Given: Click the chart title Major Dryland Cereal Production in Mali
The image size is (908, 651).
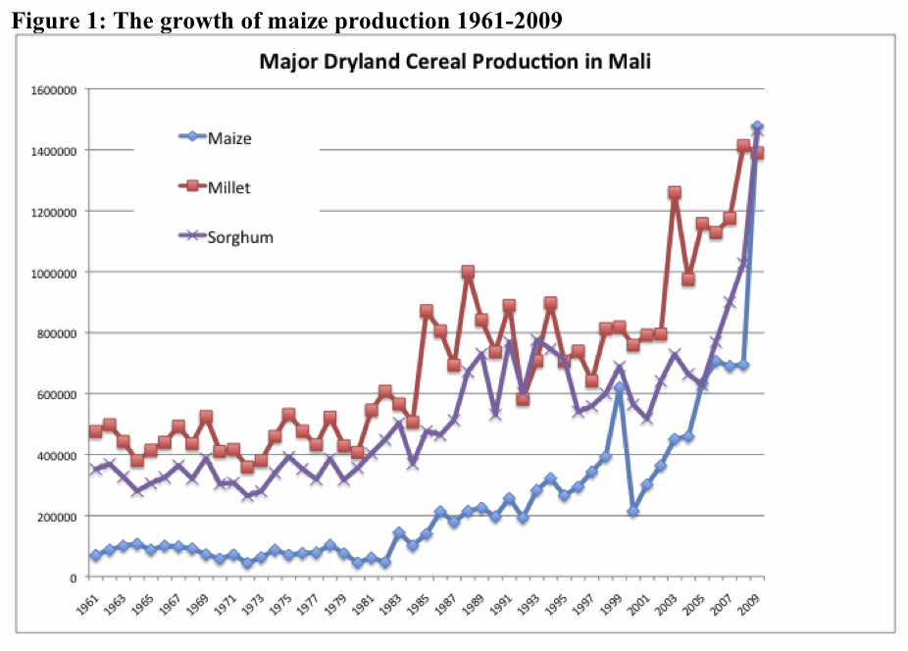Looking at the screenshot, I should click(455, 62).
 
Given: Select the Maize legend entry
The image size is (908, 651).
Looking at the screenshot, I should click(229, 138).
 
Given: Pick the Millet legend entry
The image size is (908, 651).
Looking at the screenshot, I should click(229, 187).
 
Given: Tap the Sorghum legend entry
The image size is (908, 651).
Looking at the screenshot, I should click(239, 236).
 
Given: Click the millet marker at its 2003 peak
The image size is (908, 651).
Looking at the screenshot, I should click(675, 193).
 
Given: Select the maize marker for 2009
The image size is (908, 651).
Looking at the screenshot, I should click(757, 127).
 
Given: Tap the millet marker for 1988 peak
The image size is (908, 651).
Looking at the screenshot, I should click(468, 272).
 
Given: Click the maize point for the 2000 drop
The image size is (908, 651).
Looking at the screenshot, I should click(633, 512).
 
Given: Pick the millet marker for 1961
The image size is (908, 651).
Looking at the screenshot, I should click(95, 431).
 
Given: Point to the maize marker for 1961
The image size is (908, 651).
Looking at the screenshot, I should click(95, 556).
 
